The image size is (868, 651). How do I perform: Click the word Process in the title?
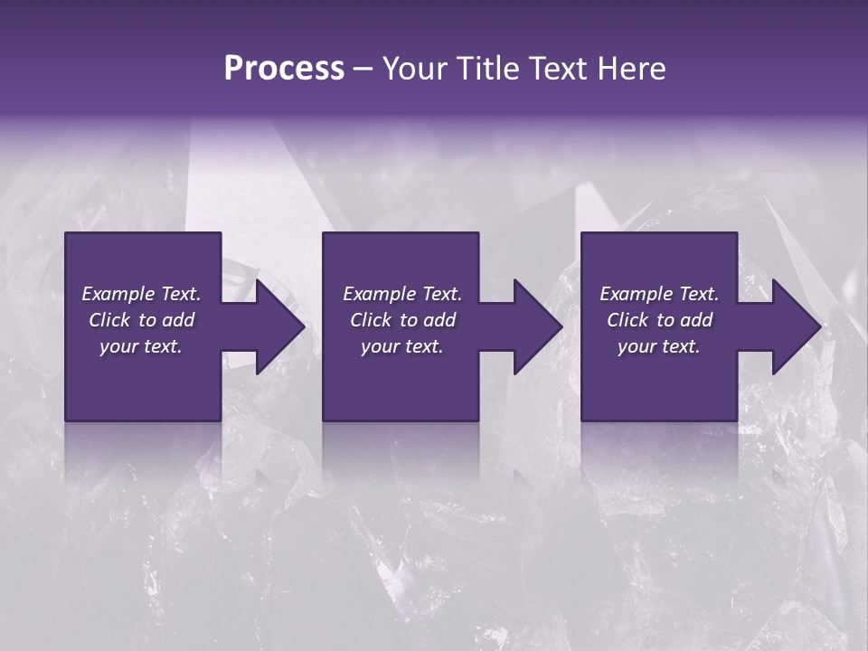[x=284, y=69]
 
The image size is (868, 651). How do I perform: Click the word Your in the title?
[x=412, y=69]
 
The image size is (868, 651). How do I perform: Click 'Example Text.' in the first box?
[x=142, y=294]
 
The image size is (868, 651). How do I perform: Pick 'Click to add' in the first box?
[x=142, y=320]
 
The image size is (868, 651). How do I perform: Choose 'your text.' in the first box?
[x=142, y=346]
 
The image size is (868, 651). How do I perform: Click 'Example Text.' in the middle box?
[x=402, y=294]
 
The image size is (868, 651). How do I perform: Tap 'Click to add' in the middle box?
[x=402, y=320]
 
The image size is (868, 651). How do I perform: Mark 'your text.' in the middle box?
[x=402, y=346]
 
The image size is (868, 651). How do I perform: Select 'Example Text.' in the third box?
[x=659, y=294]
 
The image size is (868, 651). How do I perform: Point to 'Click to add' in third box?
[x=659, y=320]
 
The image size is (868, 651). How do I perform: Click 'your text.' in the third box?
[x=659, y=346]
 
